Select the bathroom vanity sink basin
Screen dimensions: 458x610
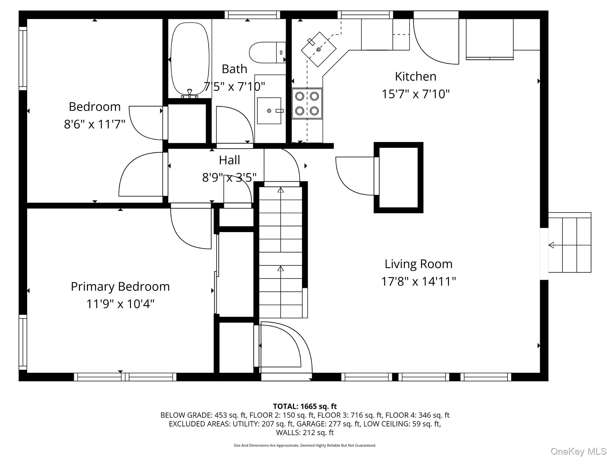[x=269, y=111]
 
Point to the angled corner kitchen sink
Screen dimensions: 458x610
[x=318, y=49]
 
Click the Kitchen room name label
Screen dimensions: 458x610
[x=415, y=76]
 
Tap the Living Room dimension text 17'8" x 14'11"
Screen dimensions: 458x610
[x=418, y=281]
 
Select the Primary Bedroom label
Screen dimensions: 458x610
[x=120, y=287]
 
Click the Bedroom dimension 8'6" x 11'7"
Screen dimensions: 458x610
[x=95, y=124]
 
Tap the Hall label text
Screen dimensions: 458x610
[x=229, y=160]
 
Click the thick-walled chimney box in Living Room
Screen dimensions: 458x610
[x=398, y=177]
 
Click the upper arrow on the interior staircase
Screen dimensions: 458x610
[x=281, y=190]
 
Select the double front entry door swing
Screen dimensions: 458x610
[x=284, y=348]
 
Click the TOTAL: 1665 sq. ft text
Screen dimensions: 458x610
[x=305, y=406]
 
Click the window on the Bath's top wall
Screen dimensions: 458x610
[x=252, y=15]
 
